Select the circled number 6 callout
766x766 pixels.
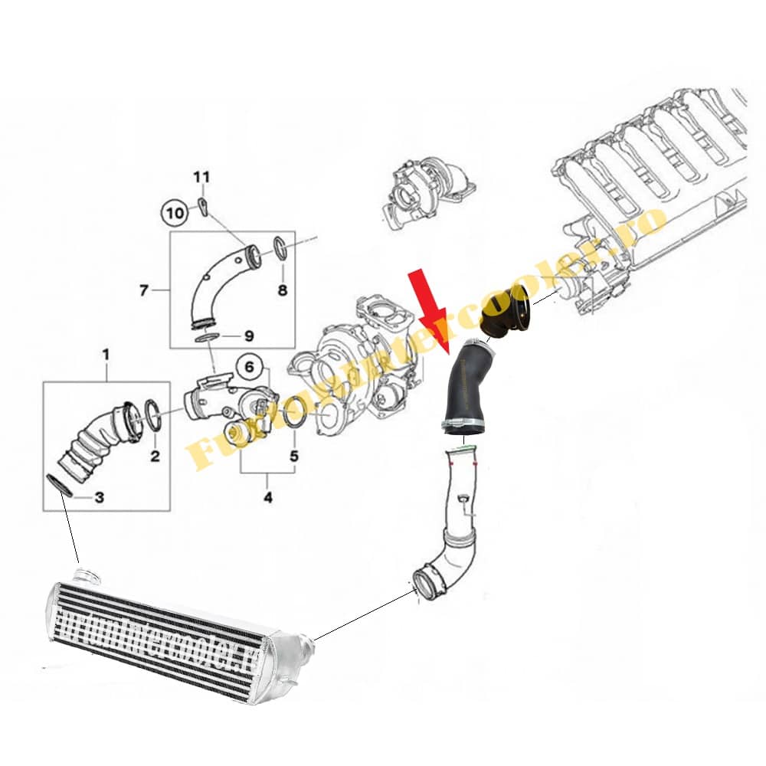point(248,367)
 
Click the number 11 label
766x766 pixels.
point(201,178)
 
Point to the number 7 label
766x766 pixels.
point(143,290)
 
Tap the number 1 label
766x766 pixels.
point(106,355)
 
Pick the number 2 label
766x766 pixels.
point(154,457)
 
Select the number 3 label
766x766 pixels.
point(99,497)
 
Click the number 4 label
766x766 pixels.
point(267,498)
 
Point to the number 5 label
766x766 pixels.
point(293,457)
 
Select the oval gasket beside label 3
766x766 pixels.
point(61,486)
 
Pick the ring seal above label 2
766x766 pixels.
point(152,414)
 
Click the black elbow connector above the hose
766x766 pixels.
point(509,314)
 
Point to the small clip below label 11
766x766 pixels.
point(204,207)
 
